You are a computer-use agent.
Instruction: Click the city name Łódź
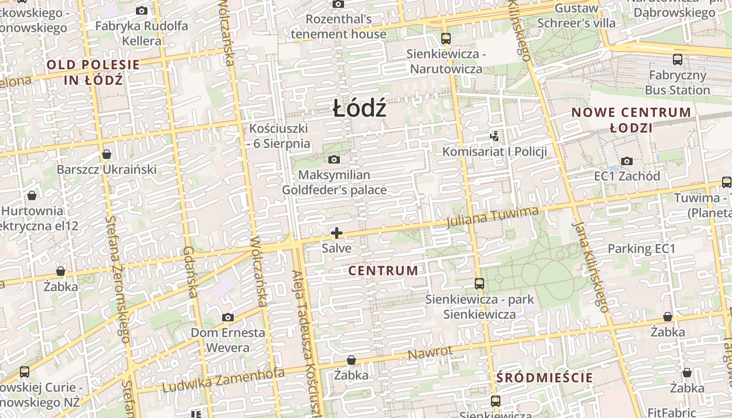tap(360, 109)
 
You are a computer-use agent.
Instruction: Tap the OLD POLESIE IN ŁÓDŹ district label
tap(93, 73)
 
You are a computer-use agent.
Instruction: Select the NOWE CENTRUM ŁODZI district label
tap(632, 120)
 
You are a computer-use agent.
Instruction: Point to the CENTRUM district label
tap(383, 271)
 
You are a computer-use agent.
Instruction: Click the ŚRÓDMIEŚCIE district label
tap(544, 378)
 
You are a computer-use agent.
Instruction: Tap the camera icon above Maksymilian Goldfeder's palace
tap(334, 159)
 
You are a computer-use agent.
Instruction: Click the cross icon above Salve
tap(337, 233)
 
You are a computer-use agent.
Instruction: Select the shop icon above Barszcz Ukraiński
tap(107, 154)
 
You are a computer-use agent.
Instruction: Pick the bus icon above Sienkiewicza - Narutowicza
tap(445, 38)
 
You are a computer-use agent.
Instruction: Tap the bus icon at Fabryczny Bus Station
tap(678, 59)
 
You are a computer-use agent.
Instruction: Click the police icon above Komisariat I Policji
tap(494, 137)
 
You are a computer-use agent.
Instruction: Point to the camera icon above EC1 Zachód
tap(627, 161)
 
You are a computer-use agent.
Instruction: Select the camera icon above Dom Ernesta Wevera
tap(227, 317)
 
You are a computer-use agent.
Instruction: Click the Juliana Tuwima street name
tap(492, 217)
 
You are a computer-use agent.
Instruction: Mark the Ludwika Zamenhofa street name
tap(223, 380)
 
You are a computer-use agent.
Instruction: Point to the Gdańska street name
tap(190, 272)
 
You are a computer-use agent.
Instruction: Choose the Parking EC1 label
tap(641, 249)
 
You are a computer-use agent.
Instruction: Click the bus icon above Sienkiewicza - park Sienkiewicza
tap(479, 284)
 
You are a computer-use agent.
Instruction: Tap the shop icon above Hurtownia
tap(32, 195)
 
